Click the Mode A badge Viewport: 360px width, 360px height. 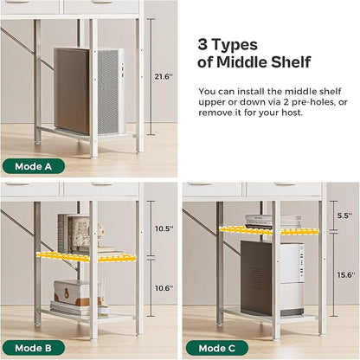point(34,166)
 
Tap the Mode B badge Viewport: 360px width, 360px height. point(34,348)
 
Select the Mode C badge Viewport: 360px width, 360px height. point(217,348)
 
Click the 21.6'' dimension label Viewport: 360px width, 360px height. point(164,77)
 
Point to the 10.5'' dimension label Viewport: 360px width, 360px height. point(164,228)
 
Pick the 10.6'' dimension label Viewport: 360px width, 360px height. point(164,288)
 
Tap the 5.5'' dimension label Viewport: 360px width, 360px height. point(345,215)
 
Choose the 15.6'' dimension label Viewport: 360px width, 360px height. point(346,275)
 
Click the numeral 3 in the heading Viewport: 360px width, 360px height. point(202,45)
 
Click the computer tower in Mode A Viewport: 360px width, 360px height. point(89,91)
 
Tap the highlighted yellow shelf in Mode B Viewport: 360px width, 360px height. point(87,257)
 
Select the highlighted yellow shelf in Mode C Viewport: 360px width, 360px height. point(269,230)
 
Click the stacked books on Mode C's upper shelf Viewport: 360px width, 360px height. point(273,222)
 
